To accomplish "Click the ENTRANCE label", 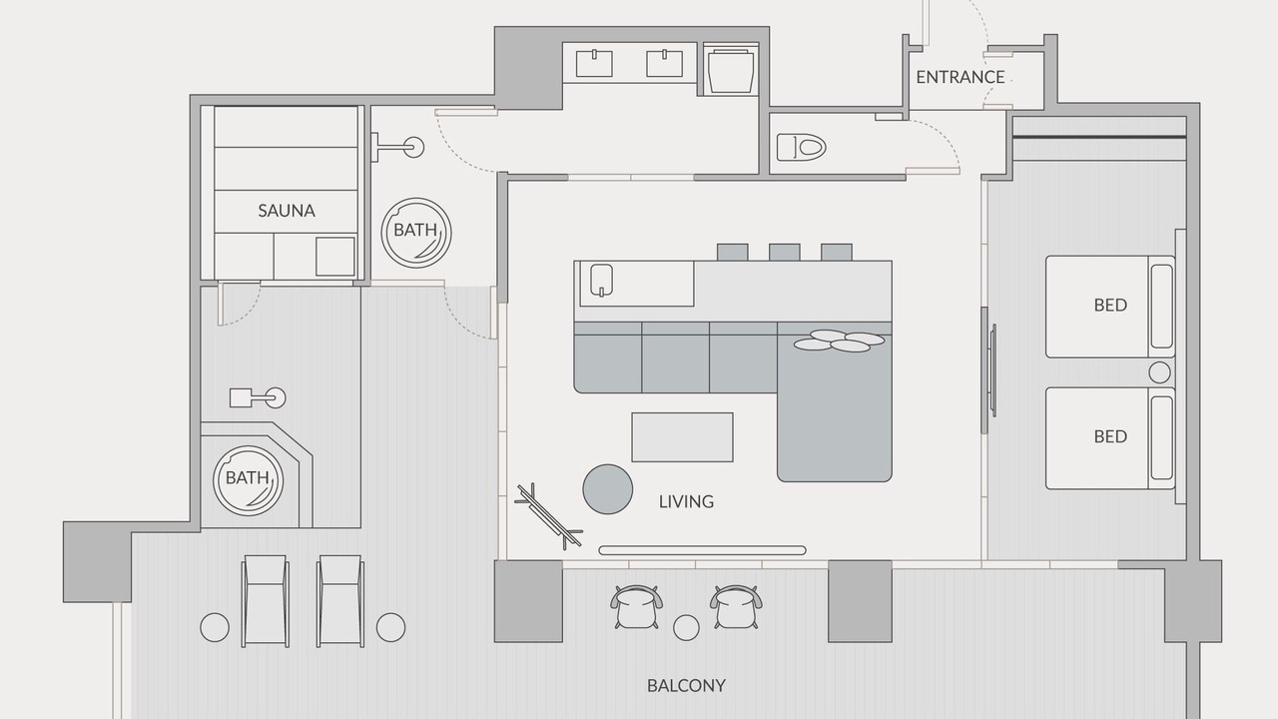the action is [x=960, y=77].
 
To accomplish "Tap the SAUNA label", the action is [x=287, y=211].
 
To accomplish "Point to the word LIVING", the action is [x=686, y=501].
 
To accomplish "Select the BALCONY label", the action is [x=686, y=685].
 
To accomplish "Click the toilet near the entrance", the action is [x=801, y=147].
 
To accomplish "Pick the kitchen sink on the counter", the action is [x=601, y=281].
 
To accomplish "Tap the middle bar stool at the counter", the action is [x=785, y=253].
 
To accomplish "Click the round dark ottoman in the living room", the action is [x=608, y=489].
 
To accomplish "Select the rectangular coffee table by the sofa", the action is [x=682, y=437].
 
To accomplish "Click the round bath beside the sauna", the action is [x=416, y=233].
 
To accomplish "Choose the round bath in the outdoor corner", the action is [x=249, y=481].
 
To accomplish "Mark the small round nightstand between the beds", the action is [x=1159, y=372].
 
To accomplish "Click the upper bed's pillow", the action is [x=1161, y=307].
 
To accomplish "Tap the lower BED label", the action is [x=1110, y=436].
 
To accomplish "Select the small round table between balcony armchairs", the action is [x=686, y=628].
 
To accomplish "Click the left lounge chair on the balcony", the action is [x=266, y=601].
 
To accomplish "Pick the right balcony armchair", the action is [x=737, y=606].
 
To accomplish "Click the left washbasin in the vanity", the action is [x=594, y=63].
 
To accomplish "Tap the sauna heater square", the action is [x=335, y=257].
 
